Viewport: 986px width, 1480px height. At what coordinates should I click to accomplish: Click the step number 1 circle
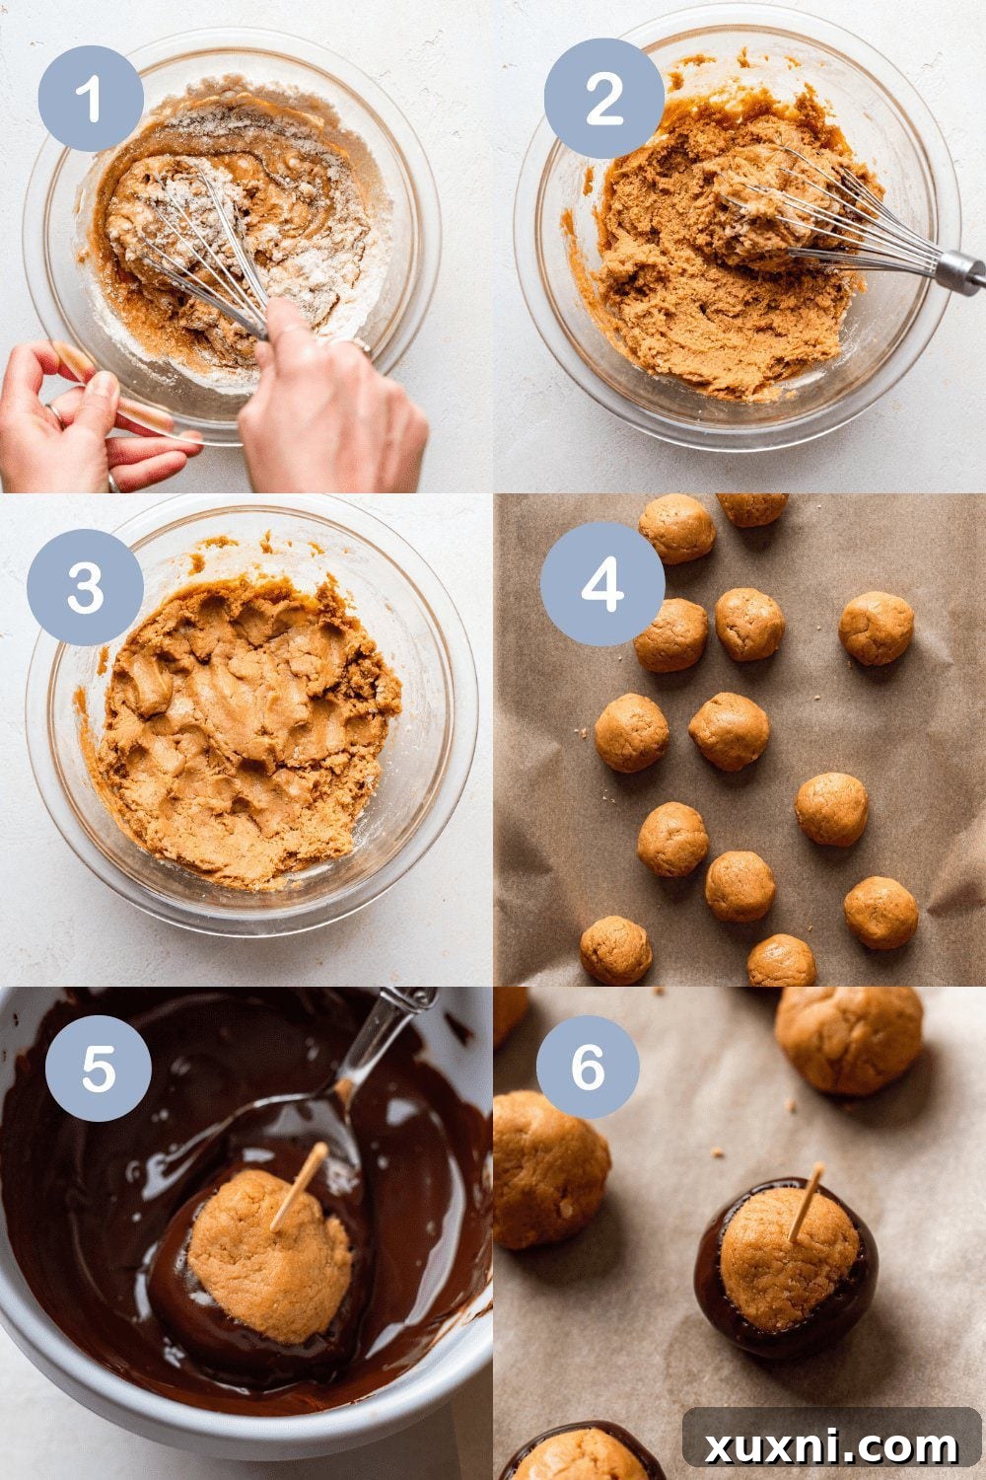pos(91,99)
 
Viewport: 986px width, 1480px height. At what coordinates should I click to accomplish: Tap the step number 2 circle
pos(603,99)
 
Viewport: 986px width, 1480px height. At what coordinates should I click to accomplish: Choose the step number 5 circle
pos(98,1069)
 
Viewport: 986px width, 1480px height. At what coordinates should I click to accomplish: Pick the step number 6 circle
pos(588,1067)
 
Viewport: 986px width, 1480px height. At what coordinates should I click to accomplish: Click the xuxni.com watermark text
pos(830,1445)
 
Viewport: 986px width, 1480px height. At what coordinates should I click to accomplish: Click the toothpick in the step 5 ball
pos(300,1184)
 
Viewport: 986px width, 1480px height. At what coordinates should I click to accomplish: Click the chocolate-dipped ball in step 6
pos(787,1268)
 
